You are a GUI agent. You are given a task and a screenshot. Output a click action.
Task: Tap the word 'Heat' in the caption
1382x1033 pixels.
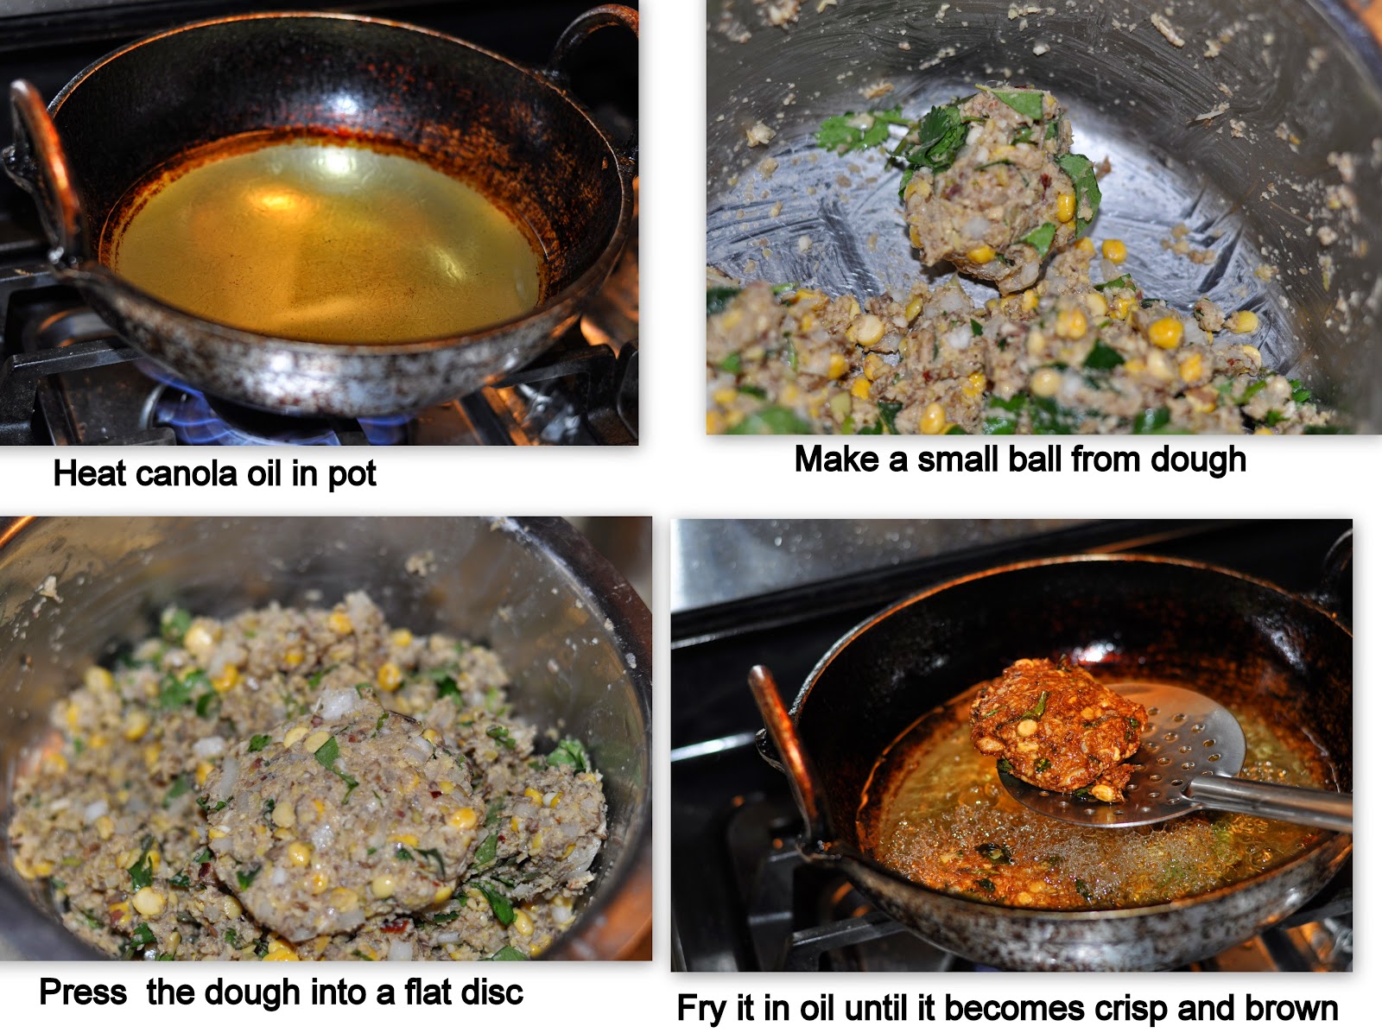point(90,472)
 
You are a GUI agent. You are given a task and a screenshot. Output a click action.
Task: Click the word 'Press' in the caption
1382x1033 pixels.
point(83,992)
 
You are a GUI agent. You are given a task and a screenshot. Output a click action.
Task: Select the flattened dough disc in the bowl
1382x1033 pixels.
point(340,825)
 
